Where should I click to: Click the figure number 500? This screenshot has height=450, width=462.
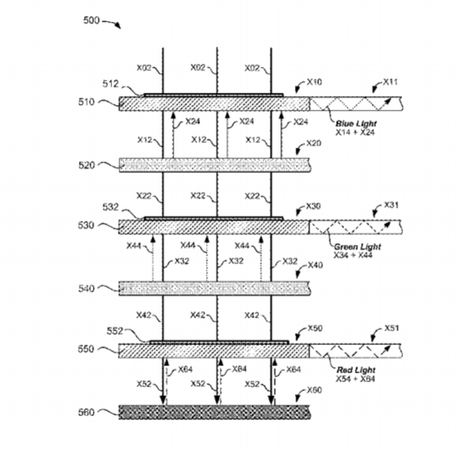[91, 20]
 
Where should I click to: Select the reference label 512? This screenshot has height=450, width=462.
[111, 84]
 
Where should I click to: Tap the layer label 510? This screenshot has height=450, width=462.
[86, 102]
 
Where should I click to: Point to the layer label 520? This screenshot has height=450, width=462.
[86, 166]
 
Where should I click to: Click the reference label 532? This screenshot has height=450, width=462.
[111, 207]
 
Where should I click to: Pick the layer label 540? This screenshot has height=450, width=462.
[86, 288]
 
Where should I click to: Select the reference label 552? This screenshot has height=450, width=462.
[115, 331]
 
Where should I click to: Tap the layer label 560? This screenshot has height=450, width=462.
[86, 412]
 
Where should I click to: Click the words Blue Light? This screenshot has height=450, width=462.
[356, 124]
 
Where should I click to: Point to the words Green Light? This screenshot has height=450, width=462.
[357, 246]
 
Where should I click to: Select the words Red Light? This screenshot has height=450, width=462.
[356, 370]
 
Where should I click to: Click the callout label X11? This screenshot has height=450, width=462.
[390, 82]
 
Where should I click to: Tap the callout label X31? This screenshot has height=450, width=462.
[391, 205]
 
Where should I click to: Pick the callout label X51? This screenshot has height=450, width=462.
[392, 328]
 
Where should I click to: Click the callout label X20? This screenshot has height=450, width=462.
[314, 143]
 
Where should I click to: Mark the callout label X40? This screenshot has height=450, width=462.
[315, 265]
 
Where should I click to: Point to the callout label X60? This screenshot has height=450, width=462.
[314, 390]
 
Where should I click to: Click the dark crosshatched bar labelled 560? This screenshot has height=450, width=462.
[214, 412]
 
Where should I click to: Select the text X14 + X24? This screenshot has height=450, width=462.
[355, 132]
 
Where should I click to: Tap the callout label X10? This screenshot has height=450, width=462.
[314, 82]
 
